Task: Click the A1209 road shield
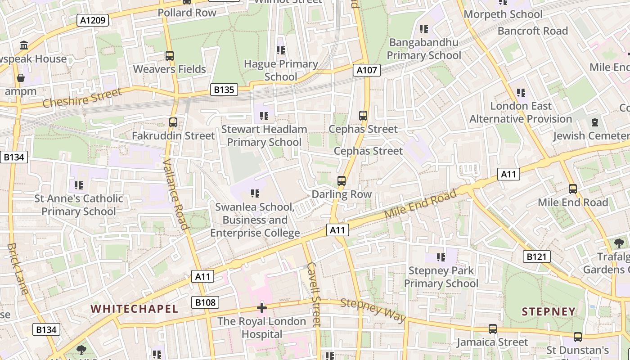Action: point(93,20)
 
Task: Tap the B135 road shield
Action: point(224,90)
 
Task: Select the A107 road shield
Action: point(367,70)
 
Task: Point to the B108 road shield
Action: point(205,302)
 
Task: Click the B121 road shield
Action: point(537,256)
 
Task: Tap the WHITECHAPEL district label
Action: point(135,309)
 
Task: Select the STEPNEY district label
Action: point(549,311)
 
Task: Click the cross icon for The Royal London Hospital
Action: point(261,308)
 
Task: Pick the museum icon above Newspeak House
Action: point(24,45)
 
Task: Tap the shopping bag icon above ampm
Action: point(21,78)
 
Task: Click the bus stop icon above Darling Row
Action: point(342,181)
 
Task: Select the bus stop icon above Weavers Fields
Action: point(170,56)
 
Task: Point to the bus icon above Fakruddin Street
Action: point(173,122)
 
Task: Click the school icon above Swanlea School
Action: point(255,193)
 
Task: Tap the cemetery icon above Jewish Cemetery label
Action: point(595,122)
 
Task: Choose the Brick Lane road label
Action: point(18,269)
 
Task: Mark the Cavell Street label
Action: point(313,294)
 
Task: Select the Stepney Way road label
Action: point(373,310)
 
